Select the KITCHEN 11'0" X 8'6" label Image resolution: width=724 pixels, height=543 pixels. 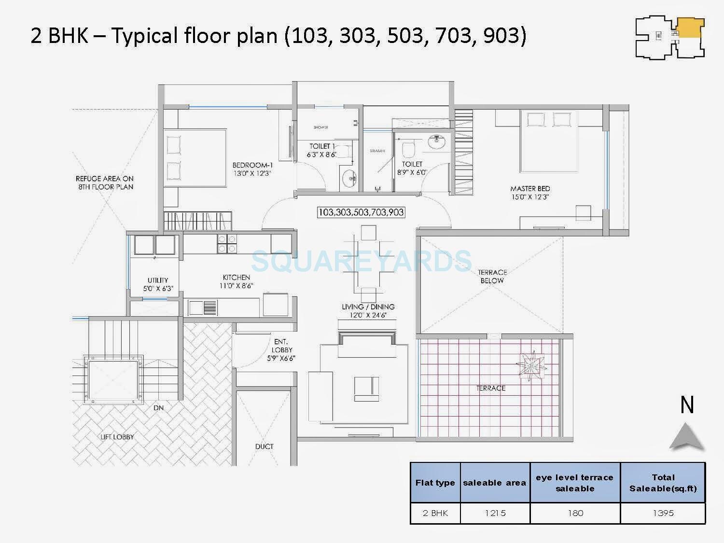pos(237,281)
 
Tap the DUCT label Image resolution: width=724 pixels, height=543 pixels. pos(264,446)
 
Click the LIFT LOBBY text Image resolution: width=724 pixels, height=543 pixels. pos(117,437)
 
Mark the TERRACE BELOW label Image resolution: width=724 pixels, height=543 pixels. pos(492,276)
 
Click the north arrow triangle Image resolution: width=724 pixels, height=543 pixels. pos(686,436)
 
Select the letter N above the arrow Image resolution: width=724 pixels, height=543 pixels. pos(687,405)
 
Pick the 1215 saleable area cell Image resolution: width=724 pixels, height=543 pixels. pos(495,513)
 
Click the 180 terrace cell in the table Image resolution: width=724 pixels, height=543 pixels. pos(575,513)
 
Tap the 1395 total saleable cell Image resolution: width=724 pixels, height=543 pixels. pos(663,513)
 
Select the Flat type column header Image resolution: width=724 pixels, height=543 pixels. pos(435,483)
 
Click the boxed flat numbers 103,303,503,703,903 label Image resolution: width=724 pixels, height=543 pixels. pos(361,212)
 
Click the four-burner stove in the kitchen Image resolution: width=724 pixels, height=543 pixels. pos(226,244)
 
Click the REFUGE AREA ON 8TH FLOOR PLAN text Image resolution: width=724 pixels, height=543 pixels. pos(105,182)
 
